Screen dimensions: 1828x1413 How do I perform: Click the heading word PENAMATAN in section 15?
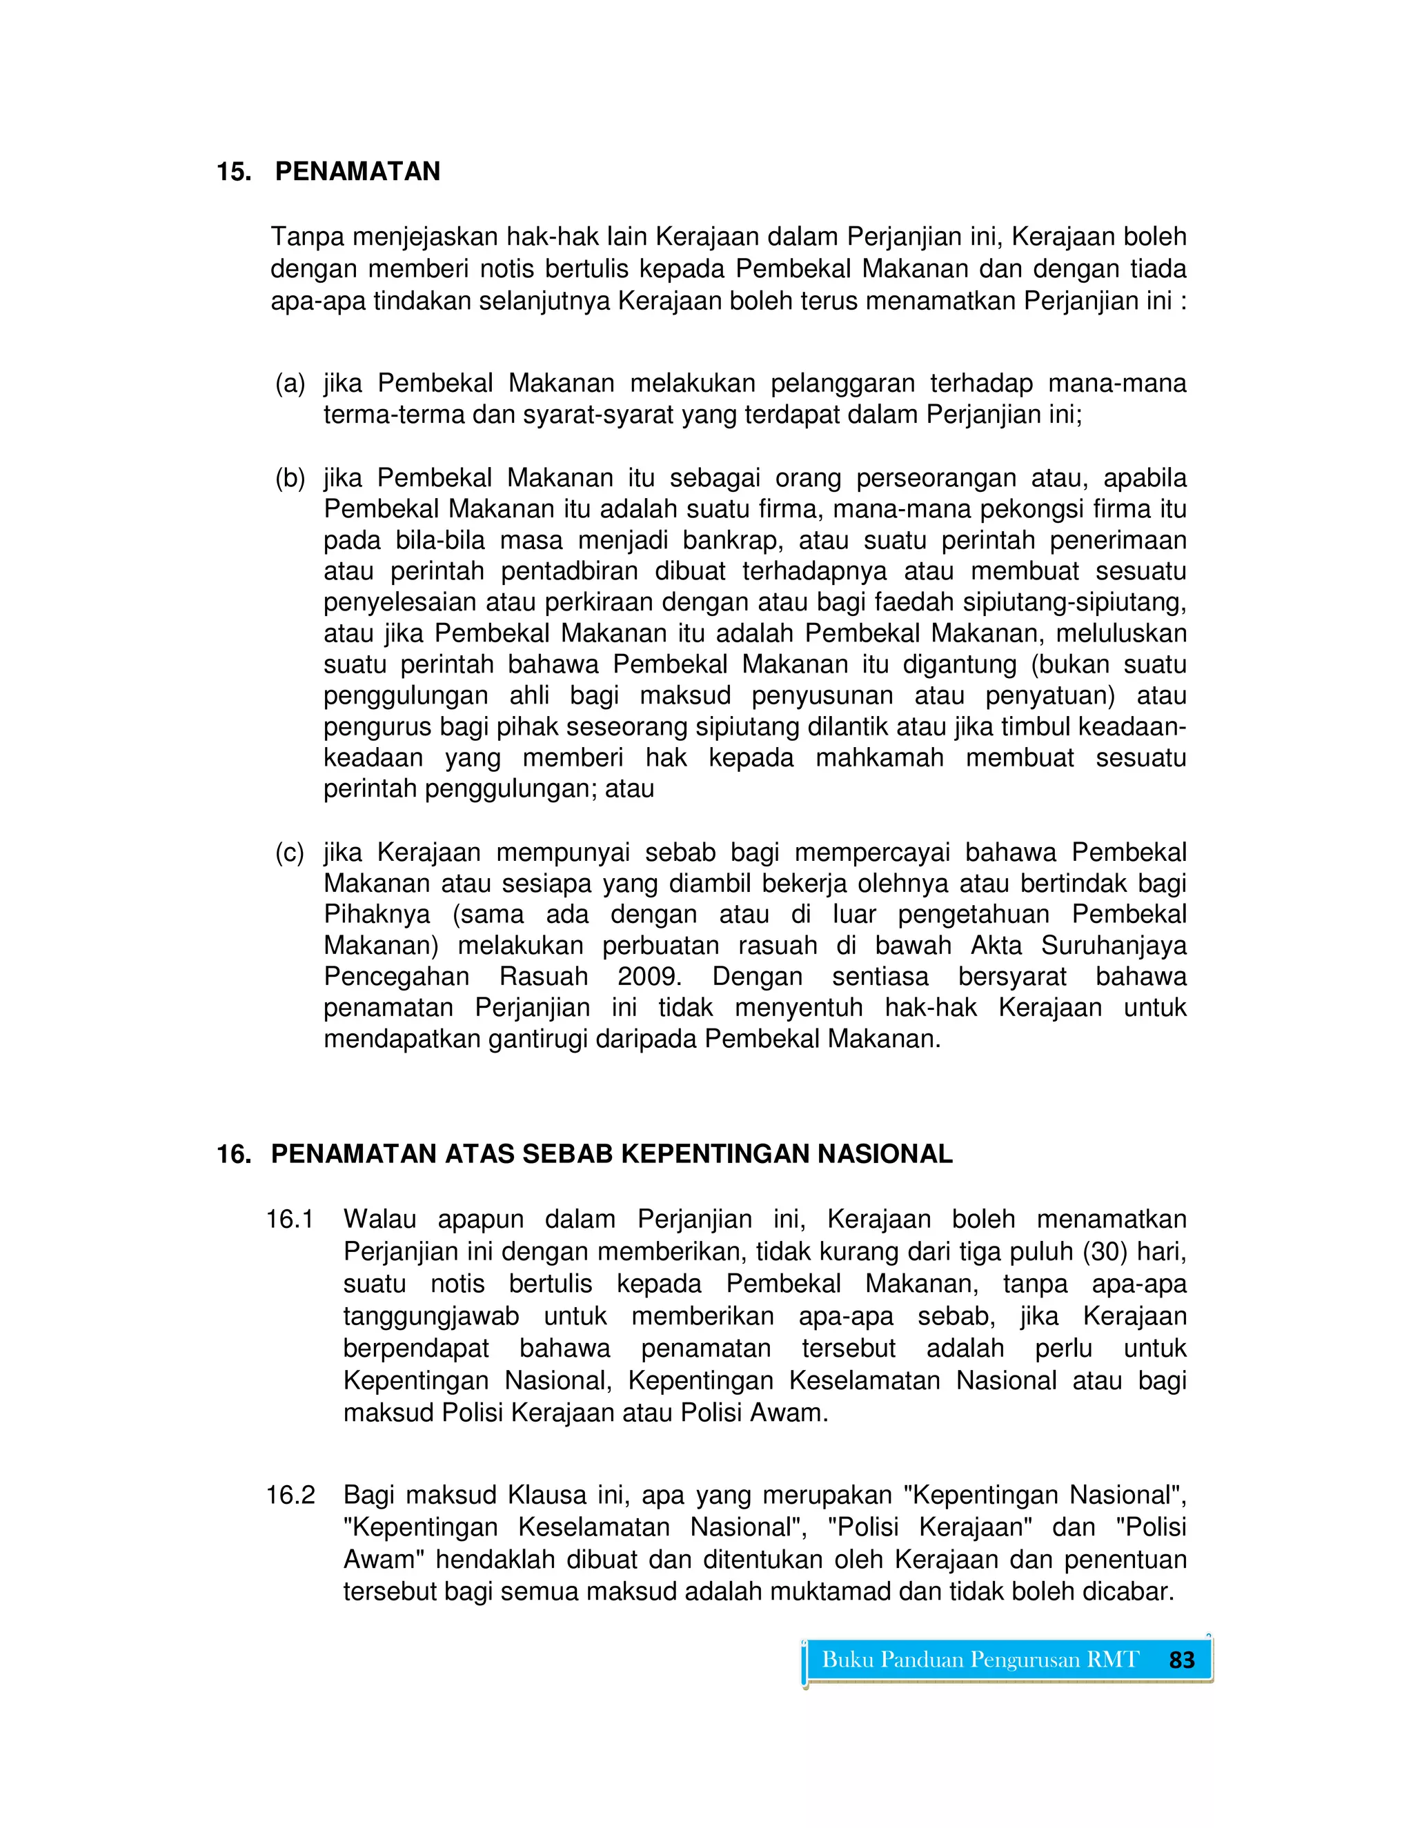[357, 172]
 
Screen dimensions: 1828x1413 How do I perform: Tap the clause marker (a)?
[290, 384]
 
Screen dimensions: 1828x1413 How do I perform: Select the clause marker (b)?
[290, 478]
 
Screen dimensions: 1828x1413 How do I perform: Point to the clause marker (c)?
[290, 853]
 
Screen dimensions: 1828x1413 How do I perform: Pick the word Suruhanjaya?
[1114, 946]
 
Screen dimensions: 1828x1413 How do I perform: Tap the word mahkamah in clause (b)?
[879, 758]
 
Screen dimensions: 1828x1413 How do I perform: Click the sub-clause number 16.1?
[290, 1220]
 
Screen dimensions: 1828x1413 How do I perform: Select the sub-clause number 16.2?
[290, 1495]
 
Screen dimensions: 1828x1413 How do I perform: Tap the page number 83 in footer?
[1181, 1660]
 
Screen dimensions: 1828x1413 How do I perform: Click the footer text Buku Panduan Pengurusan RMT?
[980, 1660]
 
